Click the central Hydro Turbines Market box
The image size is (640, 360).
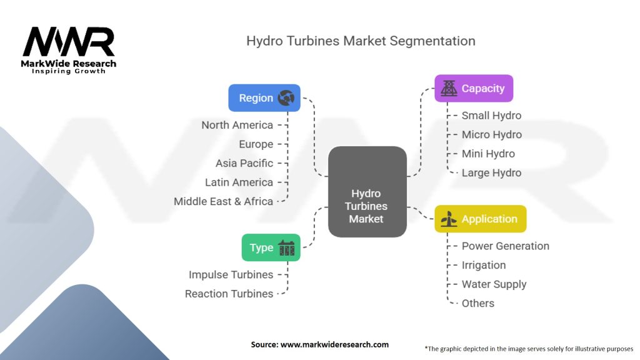coord(367,191)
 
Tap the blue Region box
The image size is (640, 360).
coord(264,97)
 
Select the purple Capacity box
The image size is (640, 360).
coord(474,88)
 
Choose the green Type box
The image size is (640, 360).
coord(271,247)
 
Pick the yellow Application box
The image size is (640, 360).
coord(481,219)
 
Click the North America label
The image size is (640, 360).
coord(237,125)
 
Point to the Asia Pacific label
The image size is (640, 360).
coord(244,163)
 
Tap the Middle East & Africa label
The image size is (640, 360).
coord(223,201)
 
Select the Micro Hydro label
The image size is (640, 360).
coord(491,134)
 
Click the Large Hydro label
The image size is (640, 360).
coord(491,172)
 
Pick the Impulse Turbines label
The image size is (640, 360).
coord(231,274)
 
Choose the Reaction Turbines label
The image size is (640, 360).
coord(229,294)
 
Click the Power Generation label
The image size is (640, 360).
coord(505,246)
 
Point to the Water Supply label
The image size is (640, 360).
coord(494,284)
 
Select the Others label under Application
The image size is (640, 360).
coord(477,303)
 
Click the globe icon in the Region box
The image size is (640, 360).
coord(286,97)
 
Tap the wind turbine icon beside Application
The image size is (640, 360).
coord(449,219)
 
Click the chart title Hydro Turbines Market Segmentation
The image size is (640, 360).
coord(361,41)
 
